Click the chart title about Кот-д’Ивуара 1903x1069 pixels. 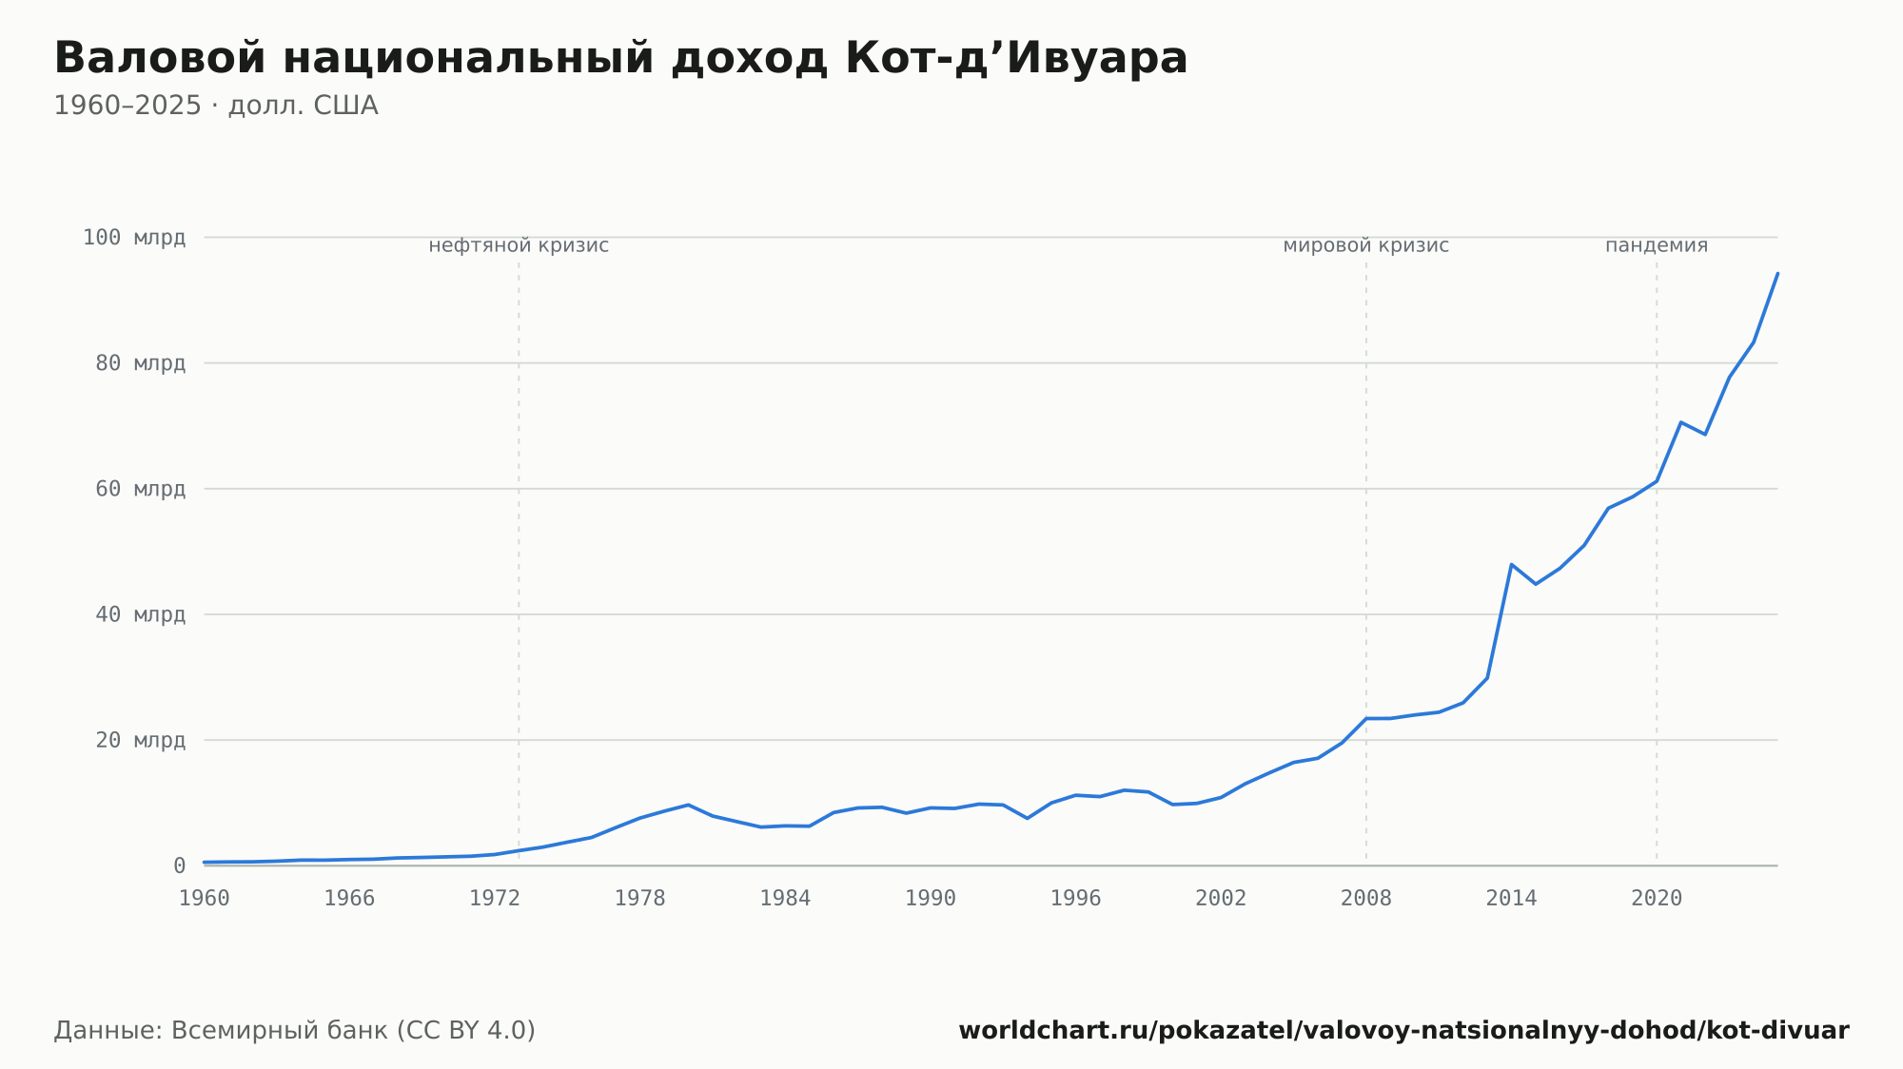click(x=620, y=58)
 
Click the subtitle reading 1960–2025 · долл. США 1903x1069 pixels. click(x=216, y=106)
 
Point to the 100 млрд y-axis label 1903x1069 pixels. click(x=134, y=237)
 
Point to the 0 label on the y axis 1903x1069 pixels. click(x=179, y=865)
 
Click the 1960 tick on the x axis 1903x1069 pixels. click(x=205, y=899)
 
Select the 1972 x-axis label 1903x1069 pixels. click(x=495, y=899)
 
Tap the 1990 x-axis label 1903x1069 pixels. click(x=931, y=899)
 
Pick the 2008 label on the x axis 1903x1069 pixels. click(x=1366, y=899)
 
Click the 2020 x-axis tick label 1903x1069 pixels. click(x=1657, y=899)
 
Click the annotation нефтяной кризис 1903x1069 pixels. click(x=519, y=245)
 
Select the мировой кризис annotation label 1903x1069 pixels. click(x=1366, y=245)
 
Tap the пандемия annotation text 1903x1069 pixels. click(x=1657, y=245)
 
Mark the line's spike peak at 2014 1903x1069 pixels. click(x=1511, y=564)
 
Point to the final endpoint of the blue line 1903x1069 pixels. click(x=1777, y=273)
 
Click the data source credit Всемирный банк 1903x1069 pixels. click(x=295, y=1030)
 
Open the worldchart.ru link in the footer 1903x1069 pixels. click(x=1403, y=1030)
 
